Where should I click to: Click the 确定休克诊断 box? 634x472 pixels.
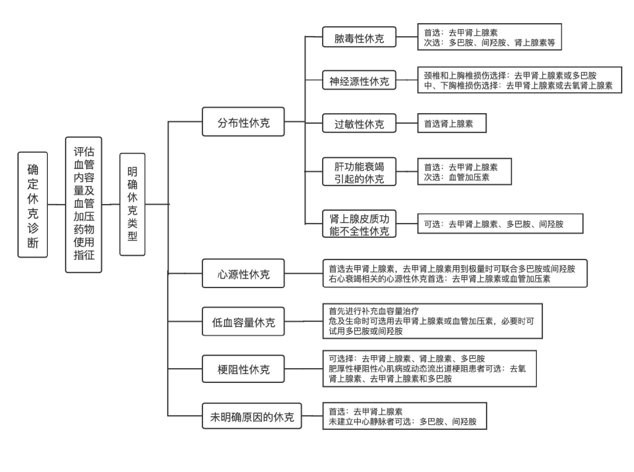click(x=32, y=205)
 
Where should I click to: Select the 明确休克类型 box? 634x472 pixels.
click(x=132, y=204)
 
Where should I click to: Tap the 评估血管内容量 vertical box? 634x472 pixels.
click(x=84, y=205)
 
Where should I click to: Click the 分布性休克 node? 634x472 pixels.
click(x=243, y=122)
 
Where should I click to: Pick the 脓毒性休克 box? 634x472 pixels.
click(x=359, y=37)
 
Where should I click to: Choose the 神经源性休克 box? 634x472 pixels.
click(x=359, y=80)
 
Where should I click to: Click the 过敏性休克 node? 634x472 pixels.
click(x=359, y=123)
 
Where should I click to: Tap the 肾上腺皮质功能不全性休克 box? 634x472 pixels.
click(x=359, y=224)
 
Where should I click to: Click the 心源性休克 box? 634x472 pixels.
click(x=243, y=273)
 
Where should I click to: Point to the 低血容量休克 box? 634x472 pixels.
click(x=243, y=321)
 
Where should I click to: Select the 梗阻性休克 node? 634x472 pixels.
click(x=243, y=369)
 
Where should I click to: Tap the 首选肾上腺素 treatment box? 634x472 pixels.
click(x=452, y=123)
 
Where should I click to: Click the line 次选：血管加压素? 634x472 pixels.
click(x=457, y=177)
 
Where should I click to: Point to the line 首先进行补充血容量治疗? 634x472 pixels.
click(x=374, y=311)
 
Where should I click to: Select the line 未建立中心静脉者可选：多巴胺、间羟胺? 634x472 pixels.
click(x=402, y=421)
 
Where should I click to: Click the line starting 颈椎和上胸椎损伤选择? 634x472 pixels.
click(x=510, y=75)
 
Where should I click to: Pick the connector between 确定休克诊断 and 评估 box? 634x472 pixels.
click(x=56, y=205)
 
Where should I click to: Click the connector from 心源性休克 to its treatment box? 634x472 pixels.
click(x=303, y=273)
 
